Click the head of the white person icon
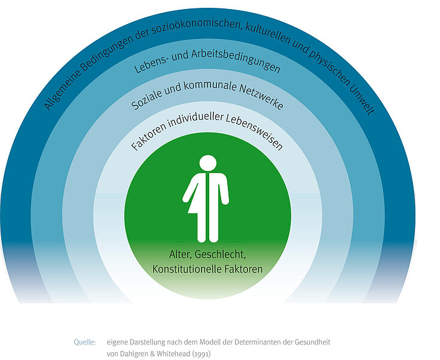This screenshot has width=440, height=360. click(208, 163)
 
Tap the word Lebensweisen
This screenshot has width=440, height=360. click(254, 132)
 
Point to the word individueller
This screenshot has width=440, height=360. click(196, 119)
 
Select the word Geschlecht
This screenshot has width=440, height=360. click(220, 254)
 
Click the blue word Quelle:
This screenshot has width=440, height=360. click(85, 343)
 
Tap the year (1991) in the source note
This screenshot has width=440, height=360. click(201, 354)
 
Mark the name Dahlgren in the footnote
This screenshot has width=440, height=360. click(134, 354)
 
